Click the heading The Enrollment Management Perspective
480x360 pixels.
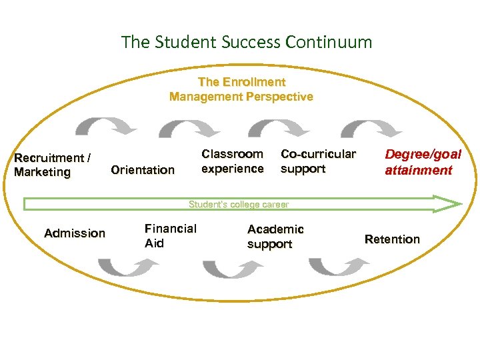point(241,89)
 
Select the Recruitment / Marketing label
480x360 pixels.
point(53,165)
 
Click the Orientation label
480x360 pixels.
point(143,170)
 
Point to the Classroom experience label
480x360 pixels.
point(233,161)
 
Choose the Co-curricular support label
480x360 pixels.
point(318,161)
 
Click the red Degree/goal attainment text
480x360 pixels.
point(423,162)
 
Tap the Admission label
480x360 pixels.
point(75,233)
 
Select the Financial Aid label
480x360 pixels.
point(171,235)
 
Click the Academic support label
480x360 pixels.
point(275,237)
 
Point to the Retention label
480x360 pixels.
point(392,239)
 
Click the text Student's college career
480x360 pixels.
point(239,205)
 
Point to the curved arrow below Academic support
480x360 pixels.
point(339,267)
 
